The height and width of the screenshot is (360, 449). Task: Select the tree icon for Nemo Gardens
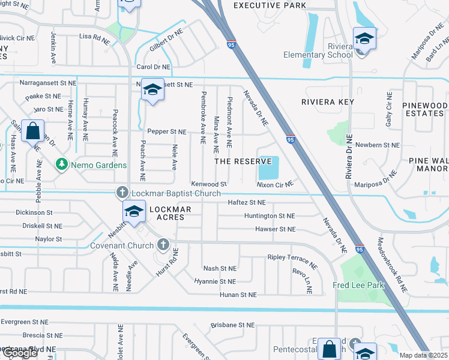pyautogui.click(x=61, y=164)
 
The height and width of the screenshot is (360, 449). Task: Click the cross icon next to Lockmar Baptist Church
pyautogui.click(x=122, y=193)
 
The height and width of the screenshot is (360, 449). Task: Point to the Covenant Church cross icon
pyautogui.click(x=162, y=245)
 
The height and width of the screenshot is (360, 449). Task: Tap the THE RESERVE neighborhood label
pyautogui.click(x=243, y=162)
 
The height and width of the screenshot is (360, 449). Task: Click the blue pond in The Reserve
pyautogui.click(x=268, y=167)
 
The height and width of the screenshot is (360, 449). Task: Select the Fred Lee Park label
pyautogui.click(x=359, y=285)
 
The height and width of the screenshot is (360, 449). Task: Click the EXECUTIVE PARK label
pyautogui.click(x=270, y=5)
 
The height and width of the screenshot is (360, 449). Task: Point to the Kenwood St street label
pyautogui.click(x=208, y=184)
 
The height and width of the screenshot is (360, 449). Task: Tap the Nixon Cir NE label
pyautogui.click(x=274, y=184)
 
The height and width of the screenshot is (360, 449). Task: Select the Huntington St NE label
pyautogui.click(x=270, y=215)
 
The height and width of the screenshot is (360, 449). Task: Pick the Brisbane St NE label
pyautogui.click(x=234, y=325)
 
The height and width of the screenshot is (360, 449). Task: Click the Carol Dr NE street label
pyautogui.click(x=154, y=67)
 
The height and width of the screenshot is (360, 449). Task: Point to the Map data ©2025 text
pyautogui.click(x=423, y=355)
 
